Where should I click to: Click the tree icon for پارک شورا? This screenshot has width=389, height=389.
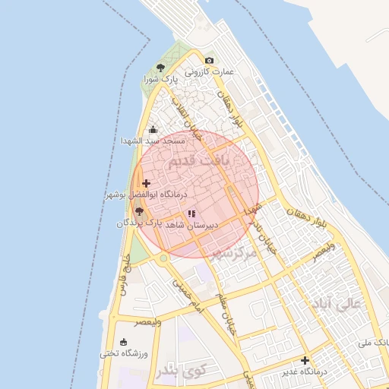click(160, 68)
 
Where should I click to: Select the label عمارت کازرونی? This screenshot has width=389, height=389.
click(210, 72)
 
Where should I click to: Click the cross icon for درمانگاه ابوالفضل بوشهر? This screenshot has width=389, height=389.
click(147, 183)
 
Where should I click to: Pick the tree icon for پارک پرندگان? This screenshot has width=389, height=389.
click(138, 212)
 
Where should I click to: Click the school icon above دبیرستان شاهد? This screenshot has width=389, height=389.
click(191, 214)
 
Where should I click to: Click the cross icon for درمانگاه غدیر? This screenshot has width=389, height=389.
click(305, 360)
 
